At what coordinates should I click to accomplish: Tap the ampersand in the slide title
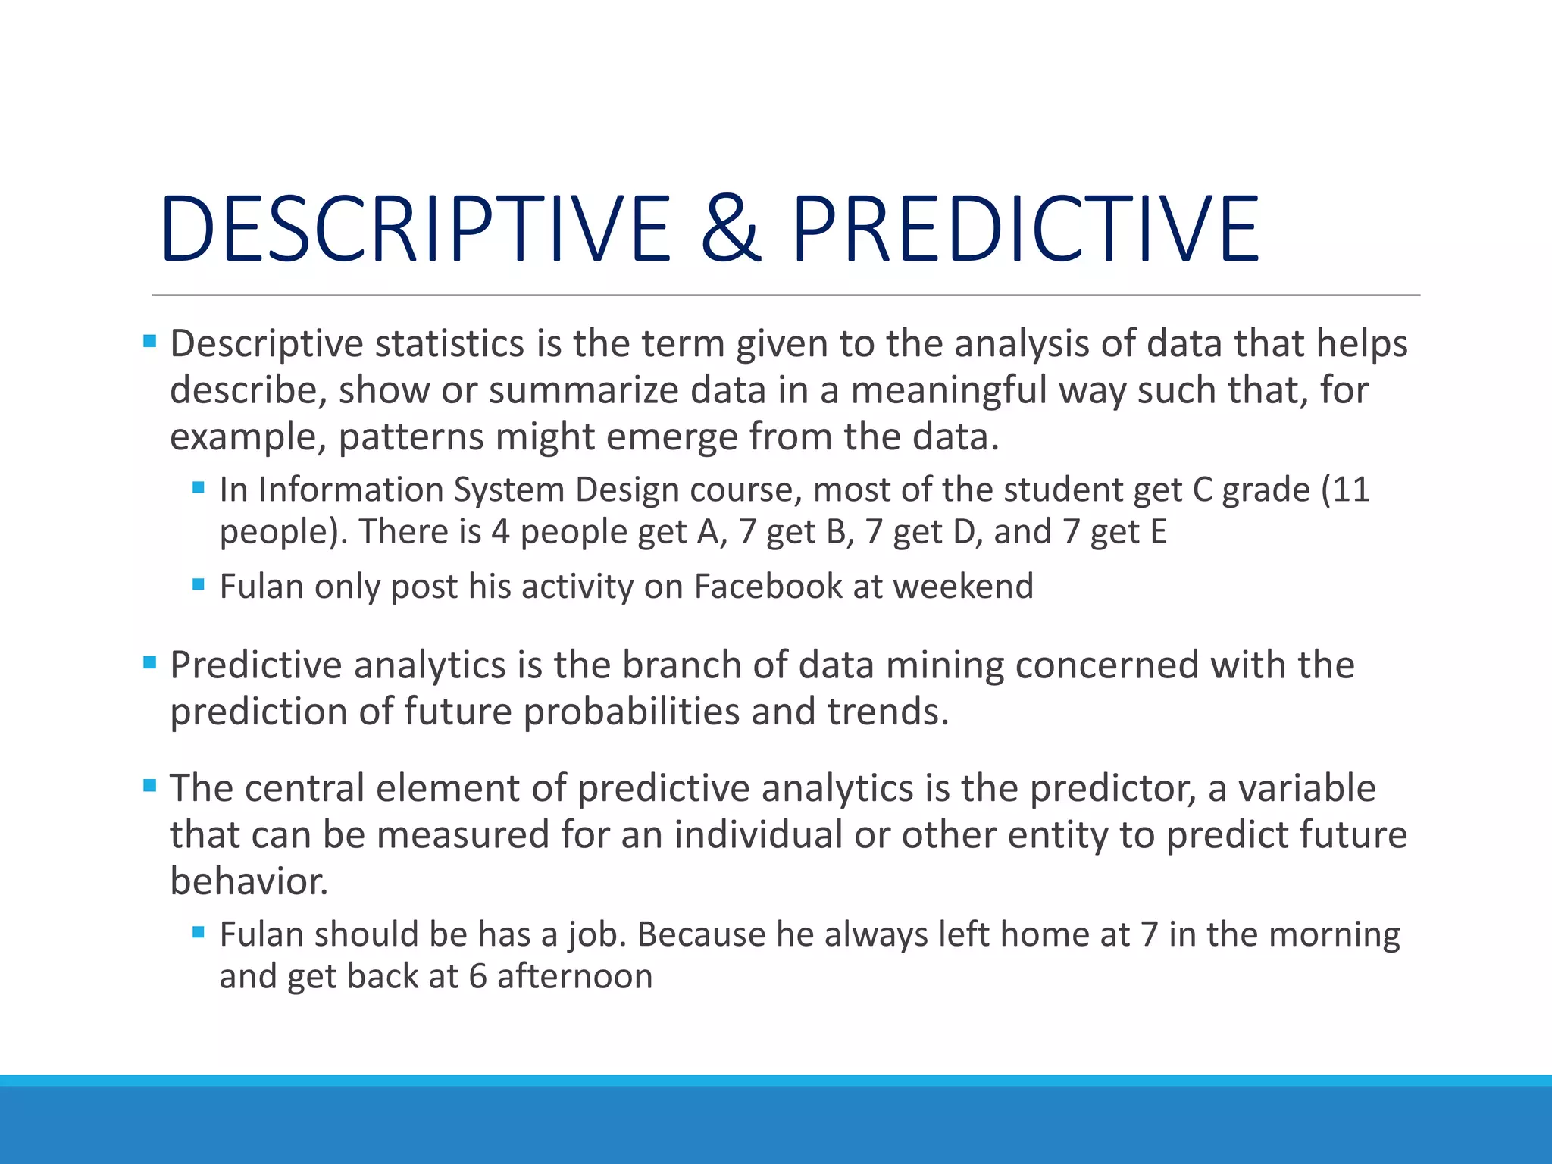[730, 228]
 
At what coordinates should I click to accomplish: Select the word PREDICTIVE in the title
[1025, 228]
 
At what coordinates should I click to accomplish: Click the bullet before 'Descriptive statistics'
[150, 342]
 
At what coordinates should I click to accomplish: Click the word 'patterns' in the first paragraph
[411, 438]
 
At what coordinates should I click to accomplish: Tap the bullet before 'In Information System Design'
[199, 488]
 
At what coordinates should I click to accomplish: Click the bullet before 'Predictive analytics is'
[150, 663]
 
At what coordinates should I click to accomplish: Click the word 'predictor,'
[1112, 789]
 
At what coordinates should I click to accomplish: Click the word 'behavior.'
[249, 881]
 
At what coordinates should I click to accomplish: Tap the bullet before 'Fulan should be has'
[199, 933]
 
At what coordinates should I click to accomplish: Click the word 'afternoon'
[574, 977]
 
